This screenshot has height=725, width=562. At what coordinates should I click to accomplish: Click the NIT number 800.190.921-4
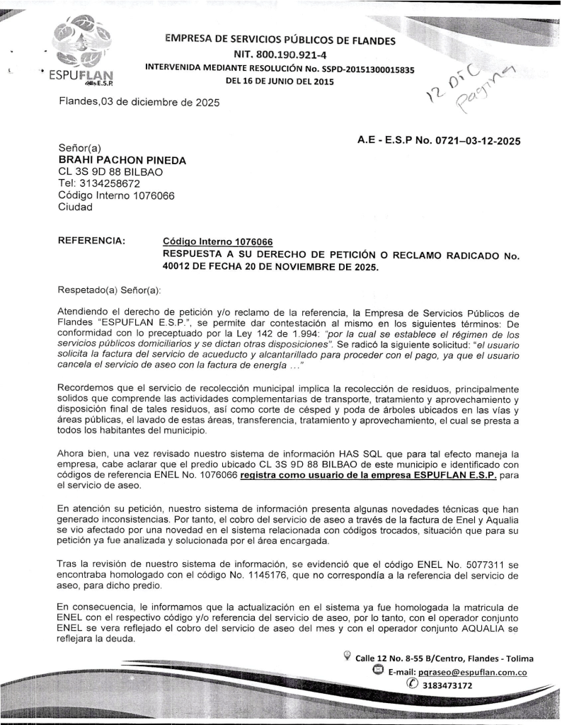tap(280, 55)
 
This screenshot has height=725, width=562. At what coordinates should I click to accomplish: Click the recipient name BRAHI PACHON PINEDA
tap(122, 160)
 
